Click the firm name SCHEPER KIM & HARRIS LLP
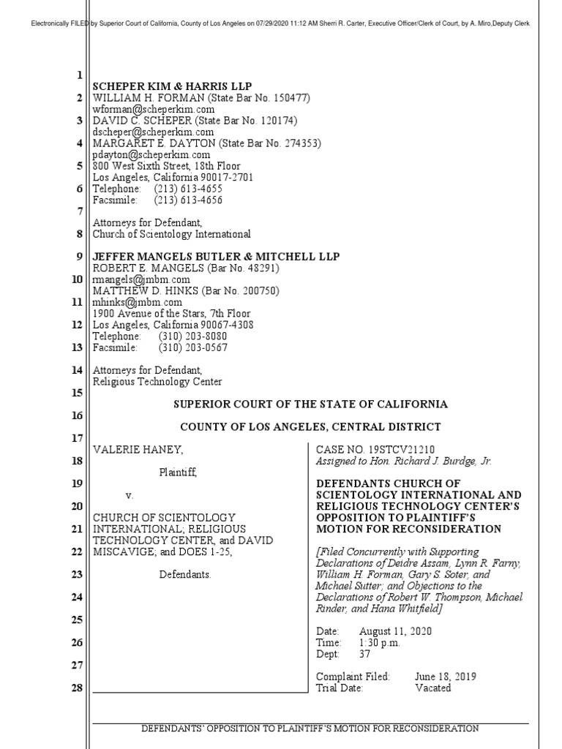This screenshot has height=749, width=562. click(x=171, y=86)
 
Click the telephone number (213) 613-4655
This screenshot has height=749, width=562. click(x=188, y=189)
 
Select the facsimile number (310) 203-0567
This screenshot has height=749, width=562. click(x=192, y=347)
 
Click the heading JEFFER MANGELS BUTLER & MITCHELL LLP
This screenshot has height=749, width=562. click(x=216, y=256)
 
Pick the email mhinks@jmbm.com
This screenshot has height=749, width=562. click(x=137, y=302)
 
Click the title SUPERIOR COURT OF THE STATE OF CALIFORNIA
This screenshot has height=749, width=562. click(x=310, y=404)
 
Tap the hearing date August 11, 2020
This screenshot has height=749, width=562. click(x=395, y=631)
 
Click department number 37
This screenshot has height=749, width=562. click(x=365, y=654)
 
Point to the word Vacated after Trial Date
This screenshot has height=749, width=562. click(x=432, y=688)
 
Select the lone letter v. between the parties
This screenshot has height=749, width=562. click(x=129, y=496)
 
